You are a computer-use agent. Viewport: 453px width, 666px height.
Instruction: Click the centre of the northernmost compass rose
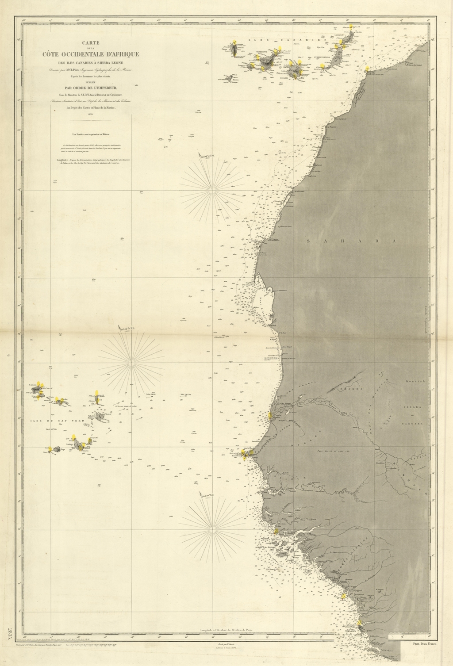[x=212, y=190]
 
